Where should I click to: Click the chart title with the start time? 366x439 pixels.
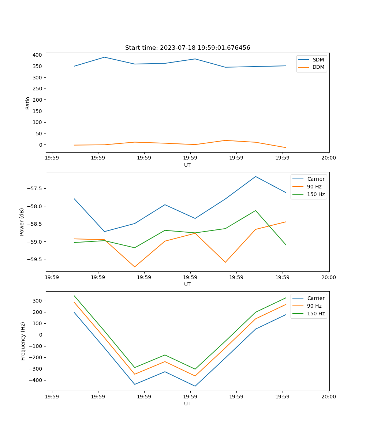pyautogui.click(x=187, y=48)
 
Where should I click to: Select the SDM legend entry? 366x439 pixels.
pyautogui.click(x=318, y=60)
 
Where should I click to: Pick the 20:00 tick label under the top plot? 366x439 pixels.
pyautogui.click(x=328, y=158)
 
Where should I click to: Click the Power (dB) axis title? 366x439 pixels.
pyautogui.click(x=22, y=222)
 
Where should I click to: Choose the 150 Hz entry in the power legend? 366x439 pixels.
pyautogui.click(x=316, y=194)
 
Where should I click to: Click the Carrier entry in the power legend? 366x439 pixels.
pyautogui.click(x=315, y=179)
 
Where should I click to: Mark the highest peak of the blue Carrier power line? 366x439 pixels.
pyautogui.click(x=255, y=176)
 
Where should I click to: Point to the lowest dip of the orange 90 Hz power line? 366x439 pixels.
pyautogui.click(x=135, y=267)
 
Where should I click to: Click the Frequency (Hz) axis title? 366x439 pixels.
pyautogui.click(x=23, y=341)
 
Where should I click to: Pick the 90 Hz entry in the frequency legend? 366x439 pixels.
pyautogui.click(x=314, y=306)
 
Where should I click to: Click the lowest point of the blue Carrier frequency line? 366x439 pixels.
pyautogui.click(x=195, y=386)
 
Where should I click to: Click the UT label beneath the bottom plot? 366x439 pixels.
pyautogui.click(x=187, y=404)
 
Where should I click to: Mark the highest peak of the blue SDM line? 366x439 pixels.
pyautogui.click(x=104, y=57)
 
